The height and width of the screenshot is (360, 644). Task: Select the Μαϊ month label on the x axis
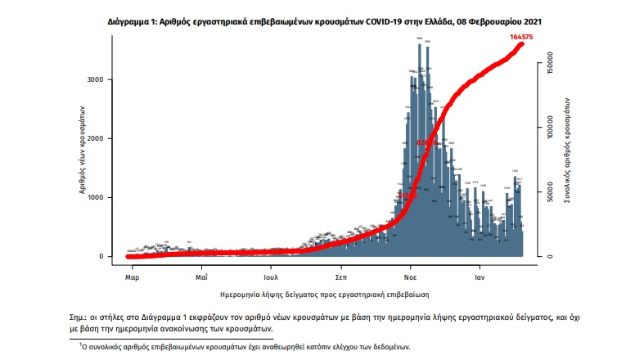(200, 276)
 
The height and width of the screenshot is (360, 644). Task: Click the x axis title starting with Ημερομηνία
(325, 293)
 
